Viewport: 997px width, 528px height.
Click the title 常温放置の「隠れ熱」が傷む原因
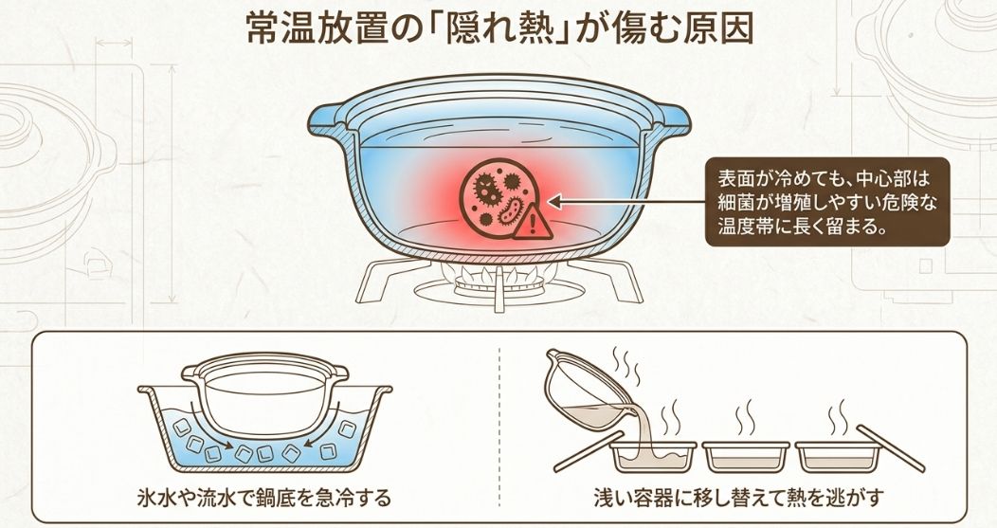point(498,27)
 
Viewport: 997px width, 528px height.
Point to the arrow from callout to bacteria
point(625,201)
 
